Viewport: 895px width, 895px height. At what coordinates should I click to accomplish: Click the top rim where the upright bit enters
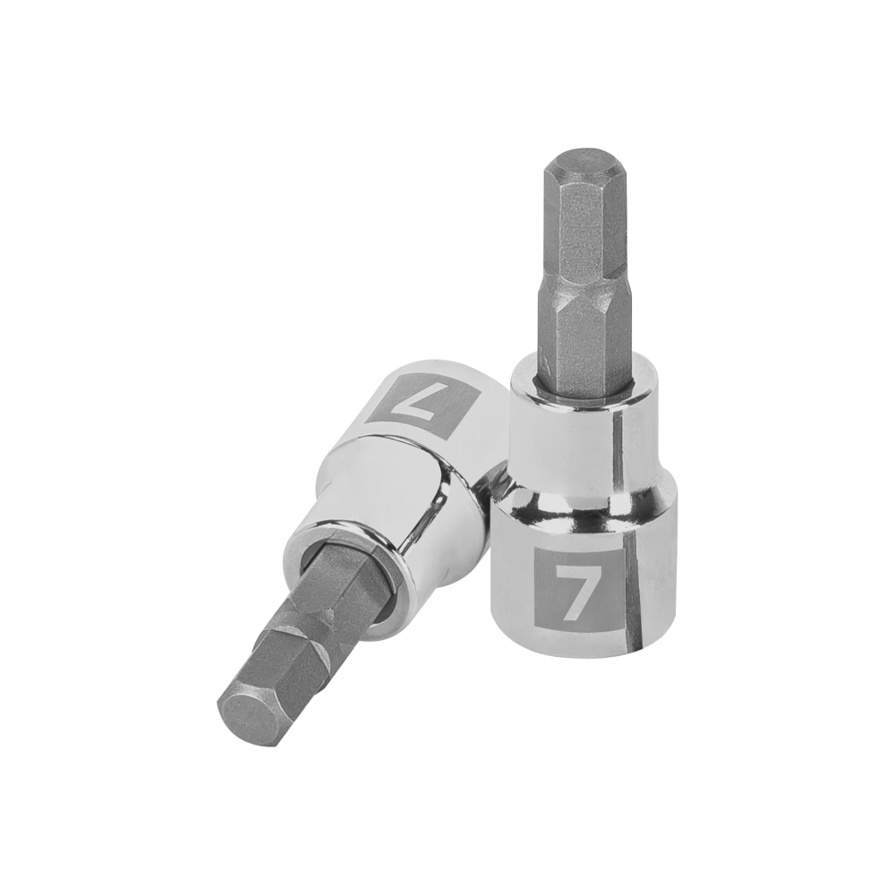tap(582, 398)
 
